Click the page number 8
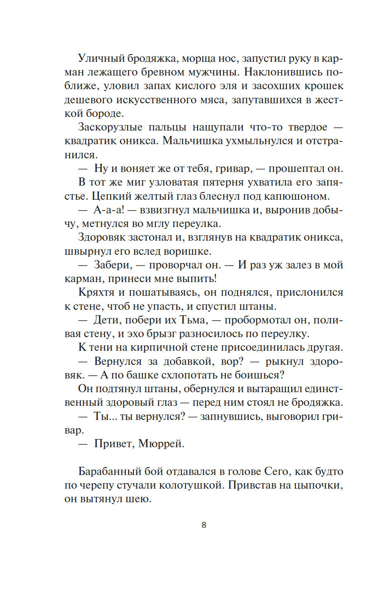click(x=204, y=525)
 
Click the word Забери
click(x=113, y=265)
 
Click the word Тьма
click(x=190, y=320)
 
